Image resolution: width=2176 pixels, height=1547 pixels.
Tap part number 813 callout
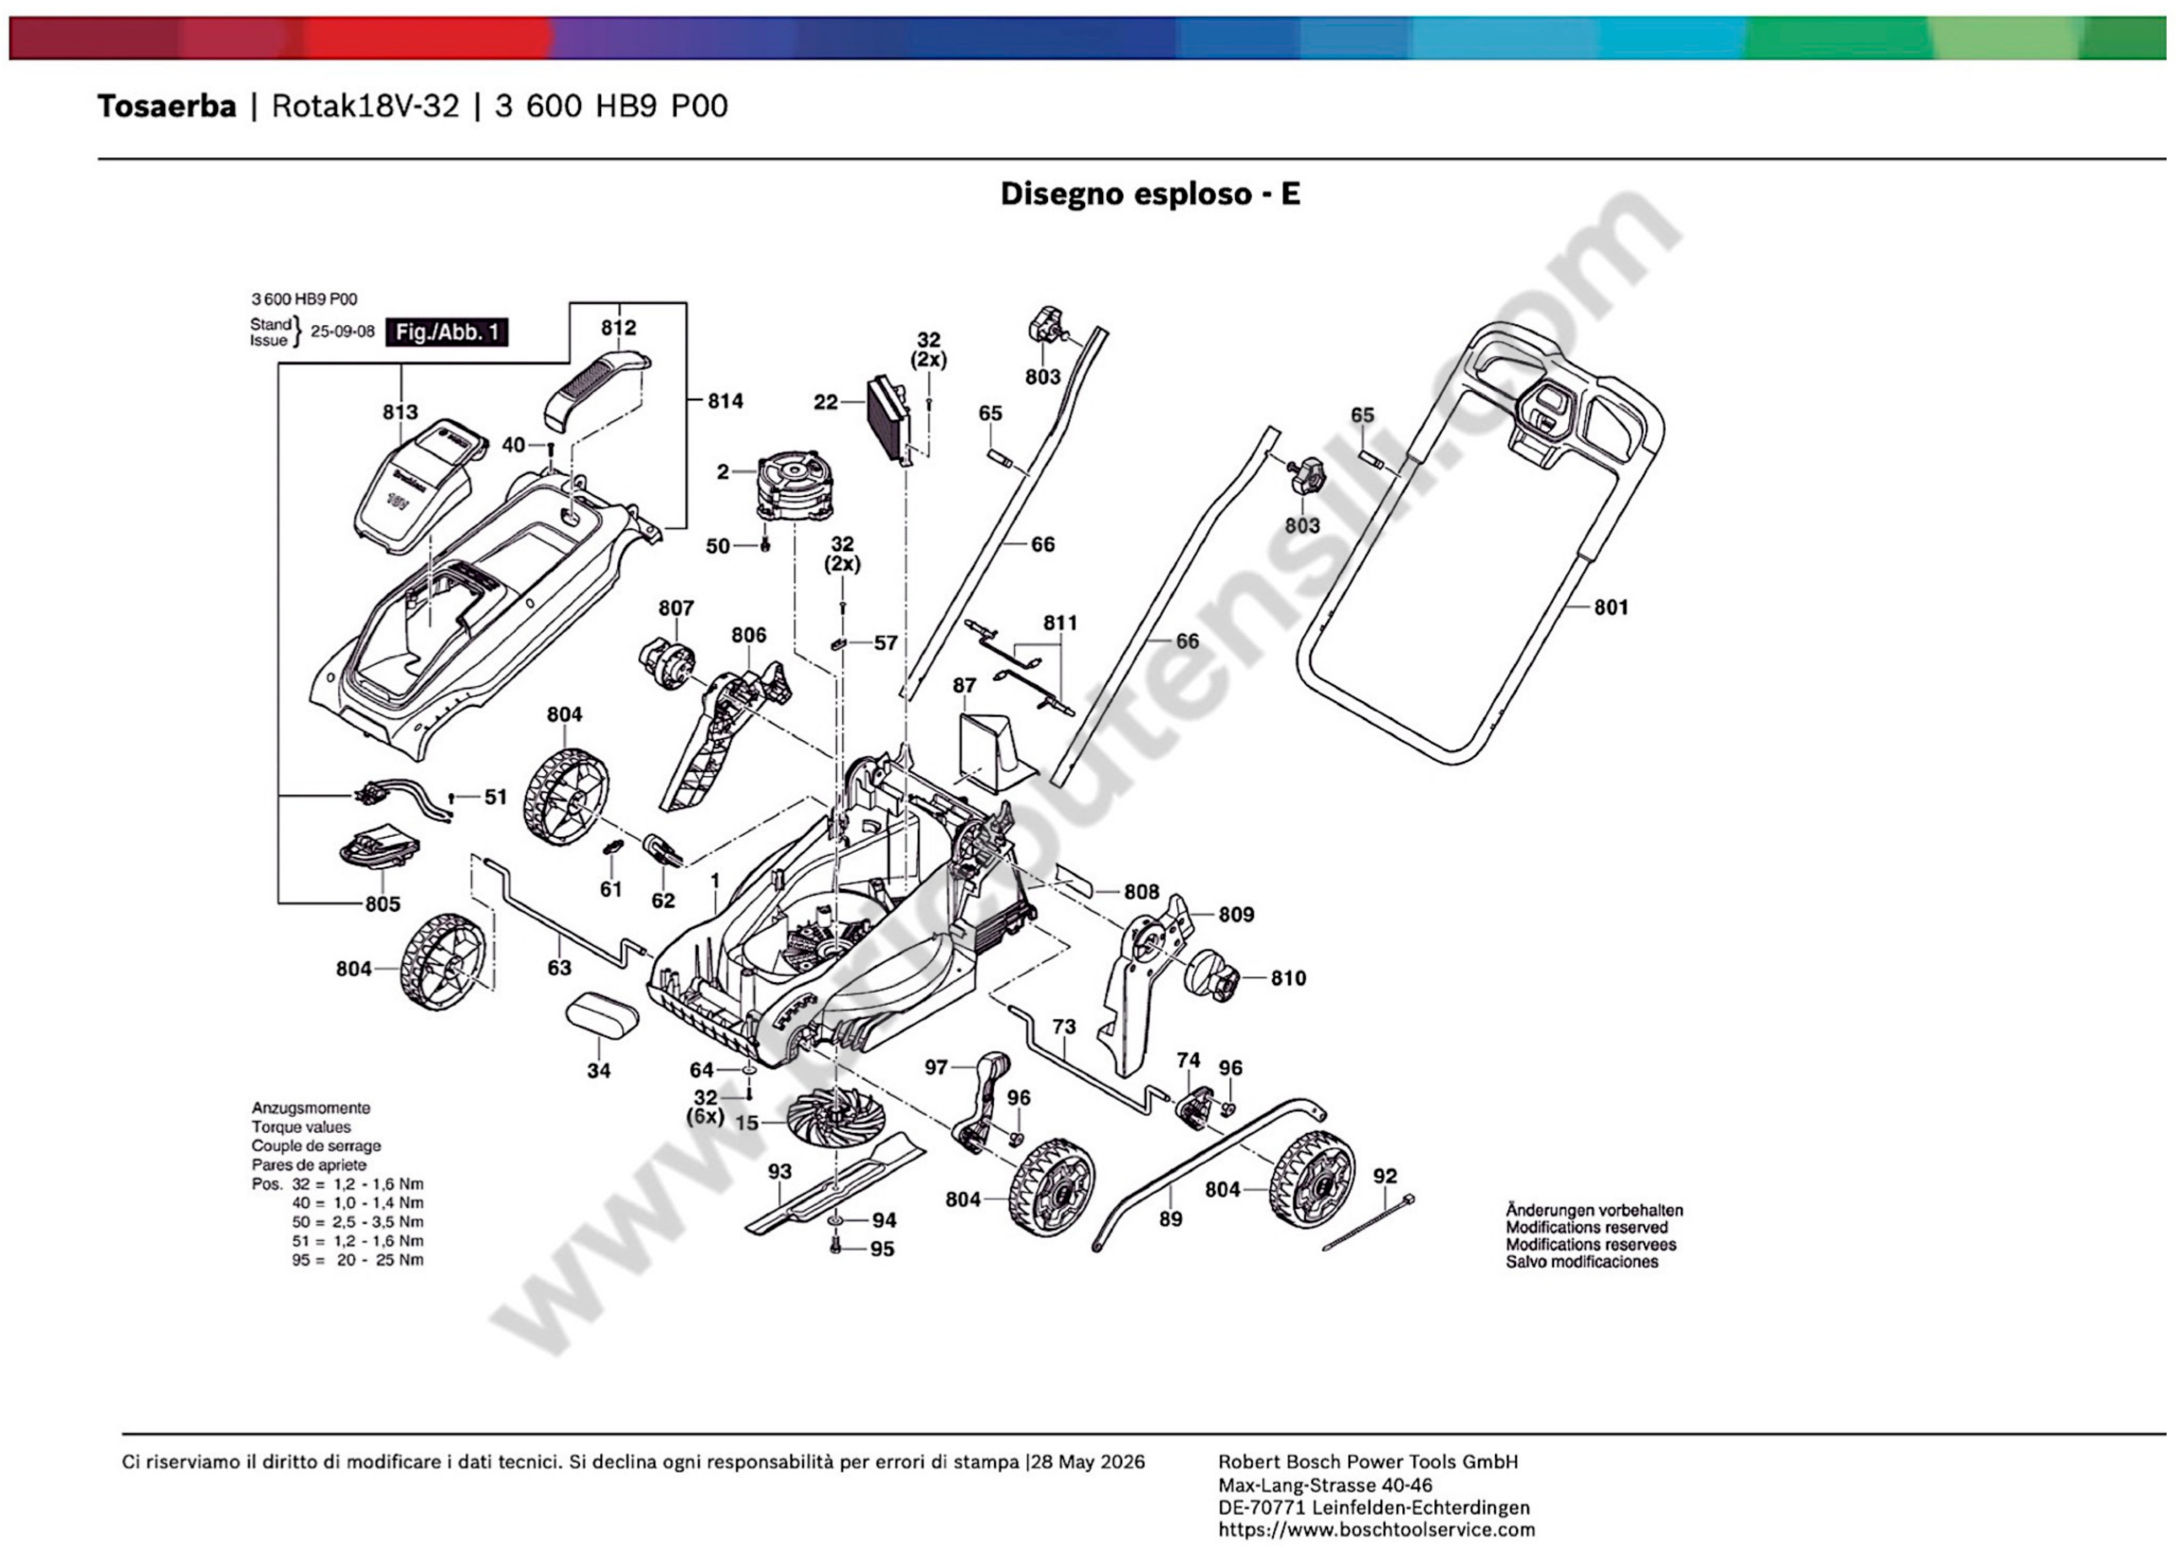[x=400, y=411]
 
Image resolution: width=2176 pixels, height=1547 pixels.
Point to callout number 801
[x=1611, y=607]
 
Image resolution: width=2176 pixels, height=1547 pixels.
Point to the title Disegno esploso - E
[x=1150, y=195]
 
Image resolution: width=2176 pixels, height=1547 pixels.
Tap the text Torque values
[x=301, y=1127]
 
